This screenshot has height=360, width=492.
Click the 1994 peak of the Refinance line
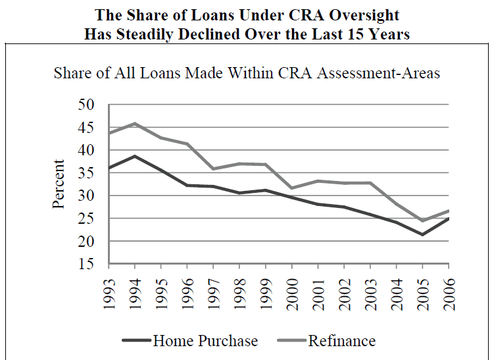134,123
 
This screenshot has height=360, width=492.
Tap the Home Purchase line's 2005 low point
422,234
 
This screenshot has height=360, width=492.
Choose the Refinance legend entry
341,341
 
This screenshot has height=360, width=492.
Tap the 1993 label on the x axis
109,289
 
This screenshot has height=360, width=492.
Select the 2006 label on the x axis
449,289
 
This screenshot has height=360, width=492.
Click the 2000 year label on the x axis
292,289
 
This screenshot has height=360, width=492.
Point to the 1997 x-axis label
214,289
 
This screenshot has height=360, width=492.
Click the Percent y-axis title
59,184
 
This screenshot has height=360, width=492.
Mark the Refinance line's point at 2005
422,220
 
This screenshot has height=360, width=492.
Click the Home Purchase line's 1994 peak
134,156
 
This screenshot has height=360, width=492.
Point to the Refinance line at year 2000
292,188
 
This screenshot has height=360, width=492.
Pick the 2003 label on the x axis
370,289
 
